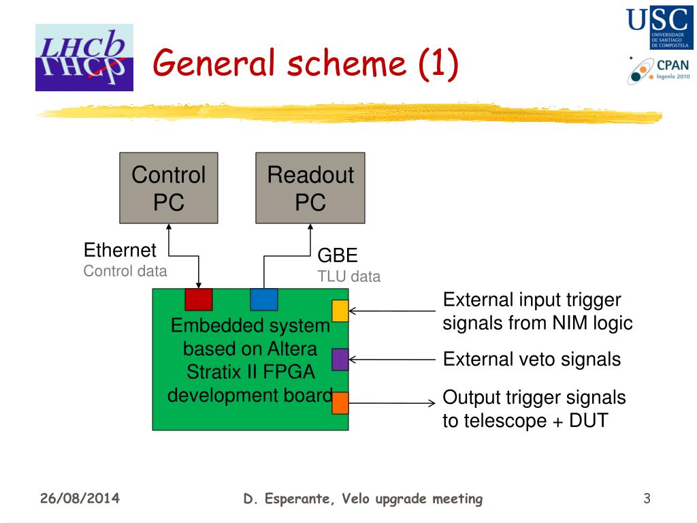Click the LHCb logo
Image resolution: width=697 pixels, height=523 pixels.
coord(84,57)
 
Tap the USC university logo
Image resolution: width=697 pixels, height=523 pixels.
coord(659,27)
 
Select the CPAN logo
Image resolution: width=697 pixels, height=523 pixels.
coord(658,71)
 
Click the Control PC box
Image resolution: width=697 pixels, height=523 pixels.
coord(169,188)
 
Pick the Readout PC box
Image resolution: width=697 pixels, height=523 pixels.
coord(310,188)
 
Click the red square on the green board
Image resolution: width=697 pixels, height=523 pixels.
coord(199,300)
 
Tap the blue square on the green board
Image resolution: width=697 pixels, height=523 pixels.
coord(264,300)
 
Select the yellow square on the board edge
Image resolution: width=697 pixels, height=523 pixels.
coord(340,311)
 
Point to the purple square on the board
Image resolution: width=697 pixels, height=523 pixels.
coord(340,360)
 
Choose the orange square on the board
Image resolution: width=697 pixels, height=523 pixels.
coord(340,403)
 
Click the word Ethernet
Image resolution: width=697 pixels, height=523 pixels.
coord(120,250)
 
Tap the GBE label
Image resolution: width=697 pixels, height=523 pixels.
coord(338,256)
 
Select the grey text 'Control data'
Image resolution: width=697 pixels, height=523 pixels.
coord(125,271)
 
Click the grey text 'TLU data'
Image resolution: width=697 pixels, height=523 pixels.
coord(349,276)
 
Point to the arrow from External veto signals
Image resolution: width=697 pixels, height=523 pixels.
coord(392,360)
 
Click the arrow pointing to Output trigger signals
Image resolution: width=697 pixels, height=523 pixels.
coord(392,403)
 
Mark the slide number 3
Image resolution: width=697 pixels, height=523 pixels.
coord(647,498)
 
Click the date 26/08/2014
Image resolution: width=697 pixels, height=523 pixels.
coord(80,498)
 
